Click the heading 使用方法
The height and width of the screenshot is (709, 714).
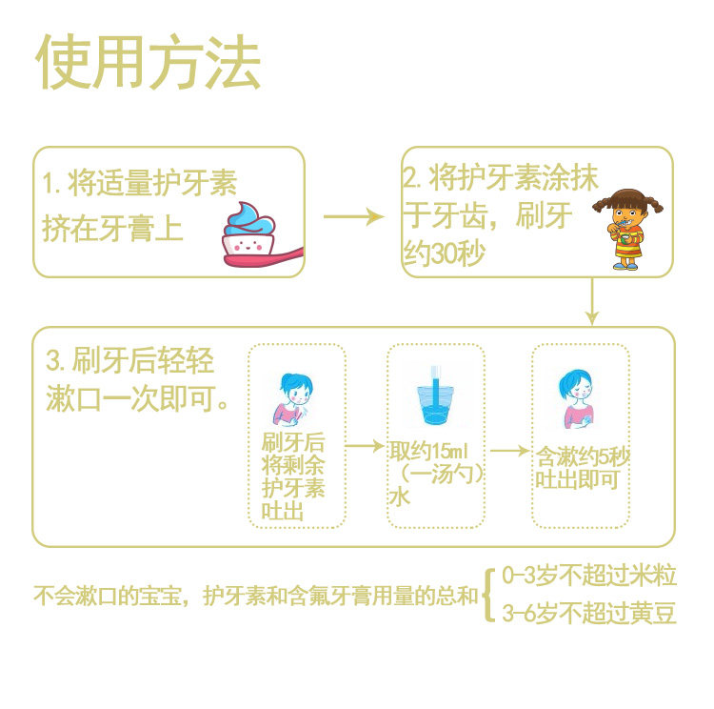148,65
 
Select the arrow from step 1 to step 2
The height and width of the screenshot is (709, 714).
353,216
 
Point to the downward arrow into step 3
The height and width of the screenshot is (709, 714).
593,301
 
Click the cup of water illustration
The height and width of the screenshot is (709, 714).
435,395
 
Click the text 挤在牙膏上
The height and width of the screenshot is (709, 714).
112,229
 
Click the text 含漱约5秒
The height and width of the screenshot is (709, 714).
581,457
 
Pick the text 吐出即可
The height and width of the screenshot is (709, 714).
577,479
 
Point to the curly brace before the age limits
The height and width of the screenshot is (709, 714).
487,595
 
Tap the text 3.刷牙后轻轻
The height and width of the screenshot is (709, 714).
130,361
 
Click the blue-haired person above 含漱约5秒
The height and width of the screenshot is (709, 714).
578,397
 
